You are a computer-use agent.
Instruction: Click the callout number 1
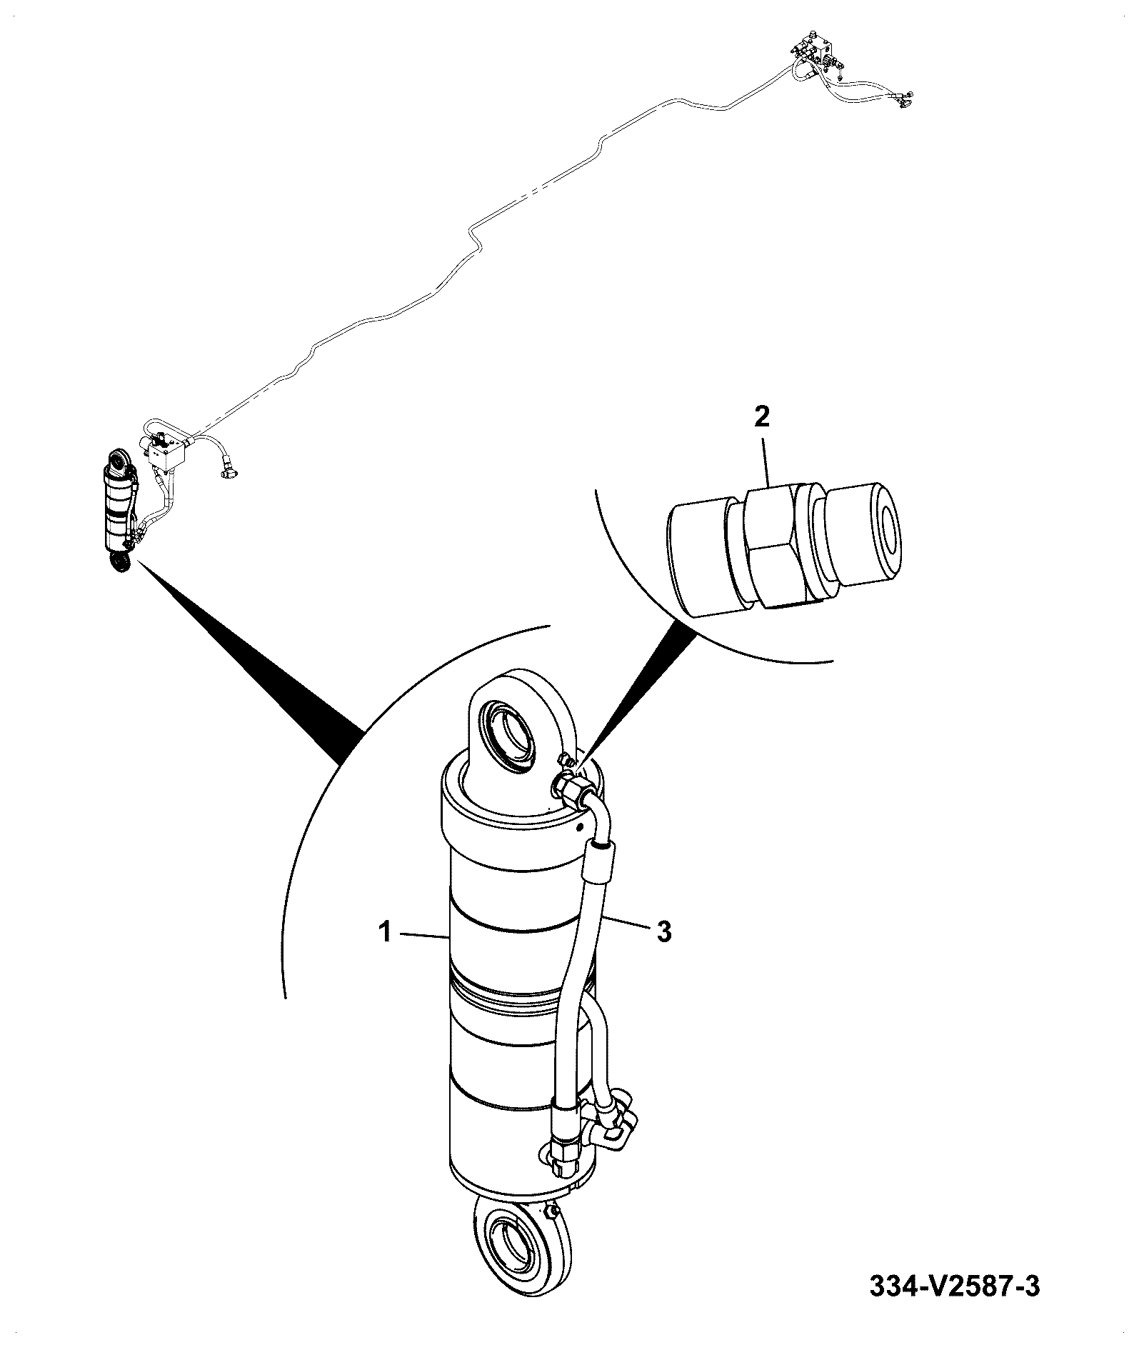tap(385, 932)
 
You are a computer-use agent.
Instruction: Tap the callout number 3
tap(664, 932)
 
